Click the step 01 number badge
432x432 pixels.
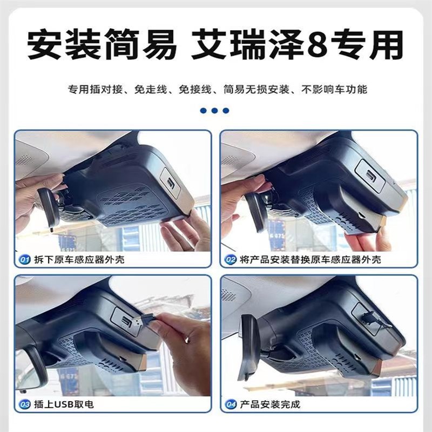[x=25, y=260]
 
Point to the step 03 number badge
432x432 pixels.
[x=25, y=404]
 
